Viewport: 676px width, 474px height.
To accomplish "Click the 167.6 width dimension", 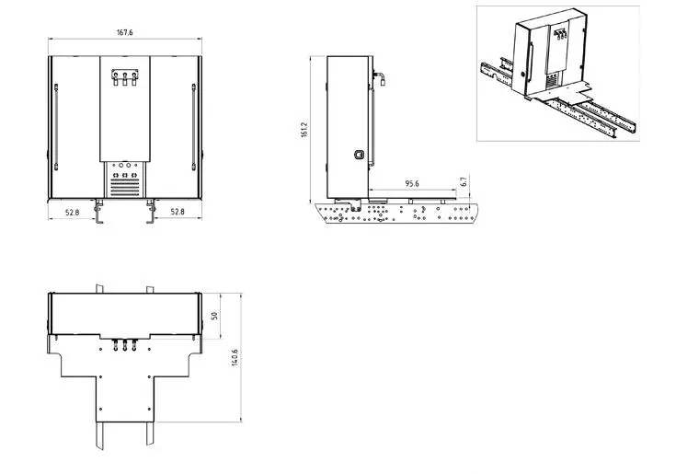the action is click(124, 32).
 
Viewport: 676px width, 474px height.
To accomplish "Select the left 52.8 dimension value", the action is click(72, 213).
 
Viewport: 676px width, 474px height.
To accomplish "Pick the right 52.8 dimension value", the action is click(178, 212).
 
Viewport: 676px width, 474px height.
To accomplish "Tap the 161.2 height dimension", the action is click(304, 130).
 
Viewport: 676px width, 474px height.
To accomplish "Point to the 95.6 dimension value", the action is click(412, 184).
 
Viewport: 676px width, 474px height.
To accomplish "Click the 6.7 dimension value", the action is click(464, 181).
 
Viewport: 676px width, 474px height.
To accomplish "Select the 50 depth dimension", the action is click(214, 316).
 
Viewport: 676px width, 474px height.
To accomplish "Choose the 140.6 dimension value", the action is click(235, 357).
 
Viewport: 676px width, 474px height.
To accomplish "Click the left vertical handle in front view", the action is click(56, 127).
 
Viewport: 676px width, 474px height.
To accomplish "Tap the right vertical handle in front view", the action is click(193, 127).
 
